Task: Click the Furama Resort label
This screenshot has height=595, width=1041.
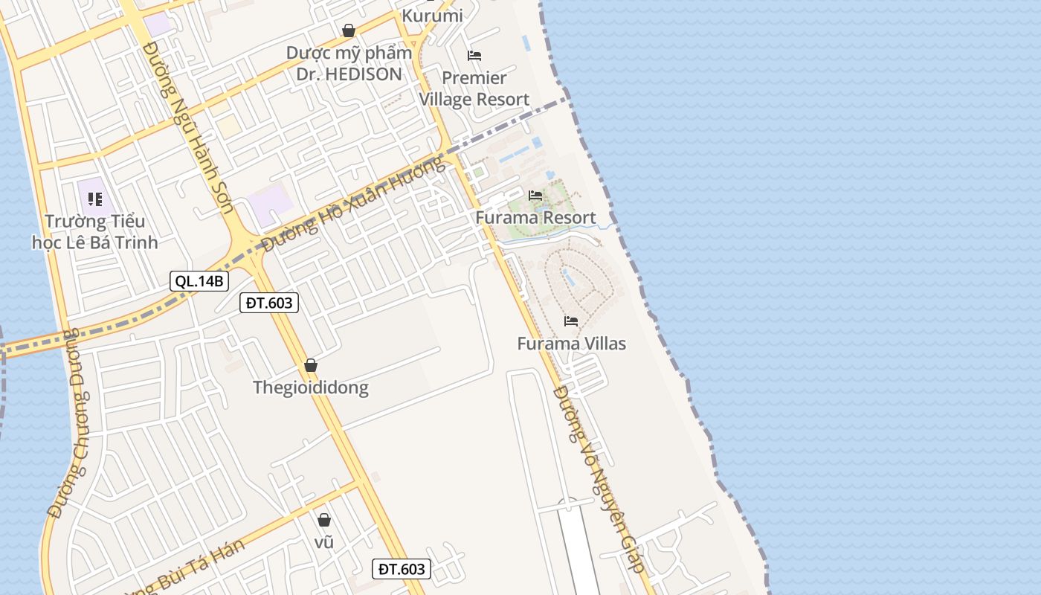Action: [x=535, y=218]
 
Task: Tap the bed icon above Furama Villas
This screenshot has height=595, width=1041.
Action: [x=571, y=321]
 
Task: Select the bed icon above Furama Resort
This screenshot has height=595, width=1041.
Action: [x=535, y=196]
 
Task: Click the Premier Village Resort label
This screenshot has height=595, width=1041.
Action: [x=474, y=89]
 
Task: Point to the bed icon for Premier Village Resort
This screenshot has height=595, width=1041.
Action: [x=474, y=56]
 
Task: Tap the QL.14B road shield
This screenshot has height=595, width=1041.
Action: [x=199, y=281]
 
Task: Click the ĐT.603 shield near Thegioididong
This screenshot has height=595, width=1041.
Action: [x=269, y=302]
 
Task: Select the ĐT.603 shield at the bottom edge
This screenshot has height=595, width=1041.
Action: [x=401, y=569]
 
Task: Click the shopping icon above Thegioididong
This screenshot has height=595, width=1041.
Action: [x=311, y=365]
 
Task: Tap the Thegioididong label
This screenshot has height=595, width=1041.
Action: [x=311, y=387]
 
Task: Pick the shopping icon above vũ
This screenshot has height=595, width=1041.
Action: [x=324, y=520]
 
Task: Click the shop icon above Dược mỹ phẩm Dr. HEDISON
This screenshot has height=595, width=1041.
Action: [x=348, y=30]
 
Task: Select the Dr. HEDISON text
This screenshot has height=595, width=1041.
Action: [x=349, y=74]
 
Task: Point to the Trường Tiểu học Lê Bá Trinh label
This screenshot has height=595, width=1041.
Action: [x=94, y=231]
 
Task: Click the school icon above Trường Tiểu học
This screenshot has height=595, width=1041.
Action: [x=95, y=199]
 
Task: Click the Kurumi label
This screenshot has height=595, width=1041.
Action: [x=432, y=15]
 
